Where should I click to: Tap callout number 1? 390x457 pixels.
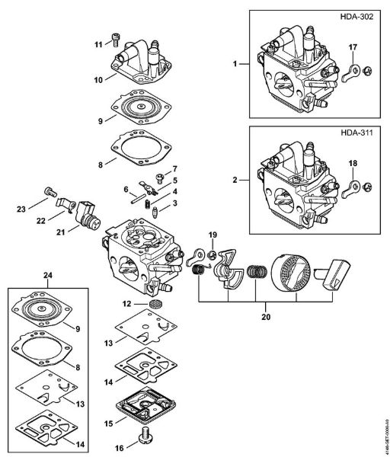coord(235,62)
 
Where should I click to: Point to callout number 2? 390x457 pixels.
coord(235,180)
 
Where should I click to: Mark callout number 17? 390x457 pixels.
coord(353,47)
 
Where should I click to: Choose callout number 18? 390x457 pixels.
coord(353,163)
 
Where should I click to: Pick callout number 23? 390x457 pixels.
coord(22,207)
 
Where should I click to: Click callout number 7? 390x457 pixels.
coord(174,169)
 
